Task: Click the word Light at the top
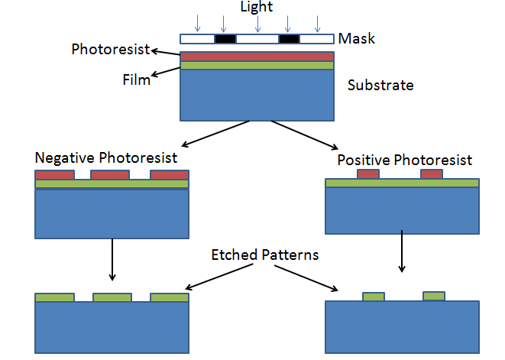point(257,7)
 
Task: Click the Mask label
point(356,38)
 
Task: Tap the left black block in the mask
point(225,38)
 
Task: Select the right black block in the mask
point(289,38)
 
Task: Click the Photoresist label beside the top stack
point(108,50)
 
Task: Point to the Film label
point(136,79)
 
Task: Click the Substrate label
point(380,85)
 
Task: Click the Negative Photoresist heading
point(106,158)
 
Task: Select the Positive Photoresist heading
point(404,161)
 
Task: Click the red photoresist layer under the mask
point(257,57)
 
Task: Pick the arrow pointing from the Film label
point(166,72)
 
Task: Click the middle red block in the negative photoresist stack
point(111,175)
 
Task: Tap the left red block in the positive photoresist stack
point(368,174)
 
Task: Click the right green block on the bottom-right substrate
point(433,296)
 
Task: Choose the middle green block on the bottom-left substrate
point(112,297)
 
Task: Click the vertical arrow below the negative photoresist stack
point(112,259)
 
